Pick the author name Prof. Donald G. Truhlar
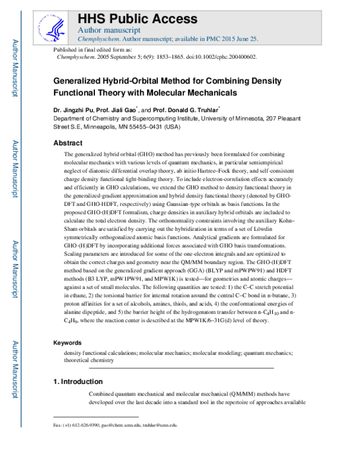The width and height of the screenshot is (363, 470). click(192, 111)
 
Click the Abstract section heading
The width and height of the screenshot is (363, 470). click(68, 143)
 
